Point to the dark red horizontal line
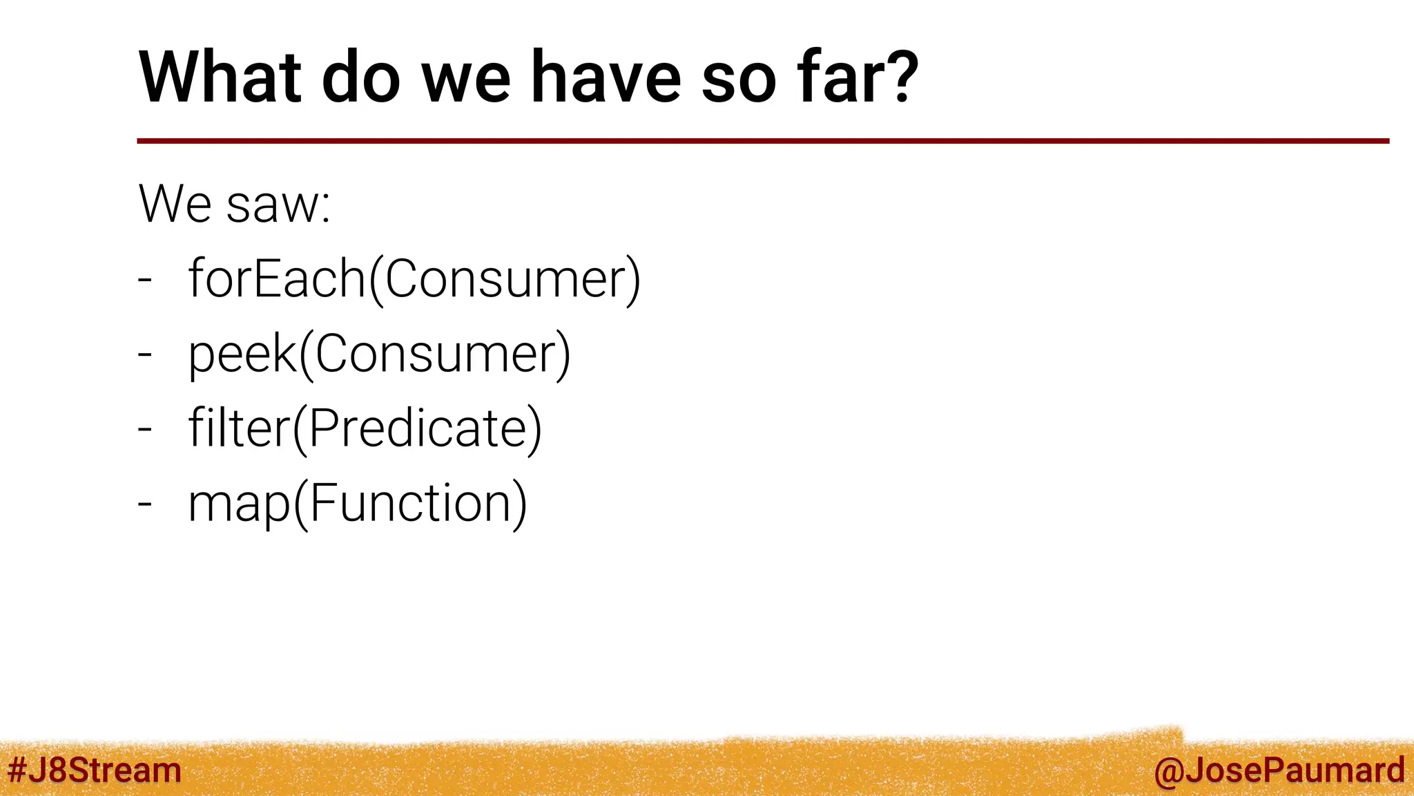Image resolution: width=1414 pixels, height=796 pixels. point(762,141)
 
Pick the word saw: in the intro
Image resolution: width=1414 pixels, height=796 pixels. point(279,205)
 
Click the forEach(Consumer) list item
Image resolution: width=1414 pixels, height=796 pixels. point(414,279)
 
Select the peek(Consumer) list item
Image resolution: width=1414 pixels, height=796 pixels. point(379,354)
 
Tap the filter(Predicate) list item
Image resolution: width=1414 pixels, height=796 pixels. point(365,428)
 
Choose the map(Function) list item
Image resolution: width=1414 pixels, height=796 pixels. point(357,503)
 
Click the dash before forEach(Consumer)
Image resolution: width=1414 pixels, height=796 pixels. point(144,281)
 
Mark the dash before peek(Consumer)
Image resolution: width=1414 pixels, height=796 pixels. point(144,355)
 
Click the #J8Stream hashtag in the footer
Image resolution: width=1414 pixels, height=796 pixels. point(94,770)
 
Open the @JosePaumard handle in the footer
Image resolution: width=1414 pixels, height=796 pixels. point(1279,770)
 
